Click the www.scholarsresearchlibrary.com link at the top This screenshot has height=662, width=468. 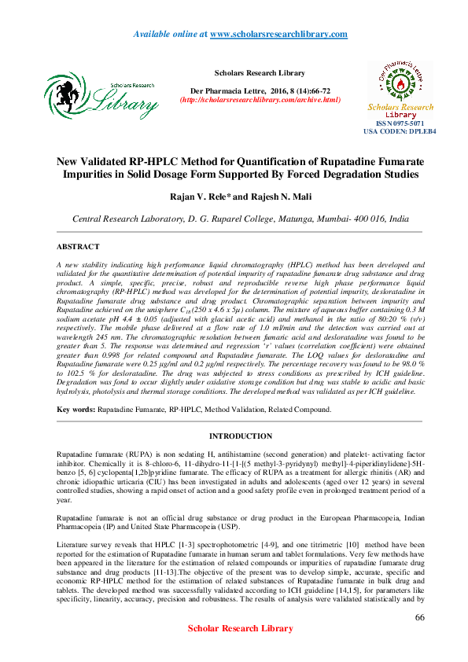pyautogui.click(x=279, y=35)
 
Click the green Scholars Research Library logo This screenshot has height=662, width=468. pyautogui.click(x=100, y=95)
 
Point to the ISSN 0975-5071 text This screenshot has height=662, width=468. pyautogui.click(x=400, y=124)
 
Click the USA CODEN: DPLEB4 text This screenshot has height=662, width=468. pyautogui.click(x=400, y=132)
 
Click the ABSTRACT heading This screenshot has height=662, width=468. pyautogui.click(x=78, y=246)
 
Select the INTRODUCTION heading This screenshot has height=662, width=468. pyautogui.click(x=241, y=436)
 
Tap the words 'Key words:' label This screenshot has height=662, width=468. pyautogui.click(x=76, y=410)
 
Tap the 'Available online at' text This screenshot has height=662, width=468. pyautogui.click(x=171, y=35)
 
